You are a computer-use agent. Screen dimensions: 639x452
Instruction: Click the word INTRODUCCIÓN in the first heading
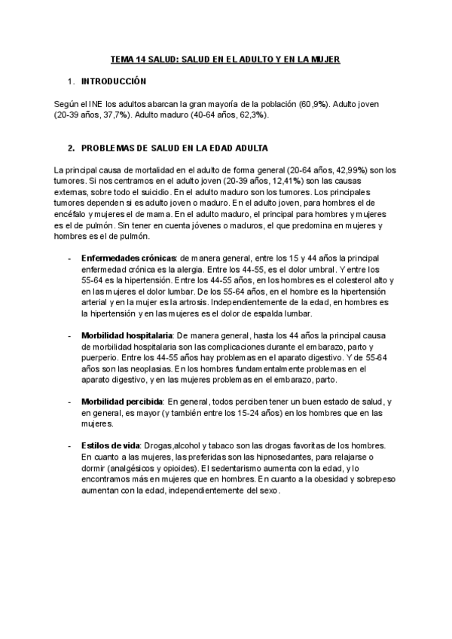coord(114,81)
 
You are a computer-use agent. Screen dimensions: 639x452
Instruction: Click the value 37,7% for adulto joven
coord(112,116)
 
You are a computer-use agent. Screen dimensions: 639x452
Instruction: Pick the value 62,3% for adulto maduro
coord(250,116)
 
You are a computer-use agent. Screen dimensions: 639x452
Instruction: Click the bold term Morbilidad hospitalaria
coord(127,335)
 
